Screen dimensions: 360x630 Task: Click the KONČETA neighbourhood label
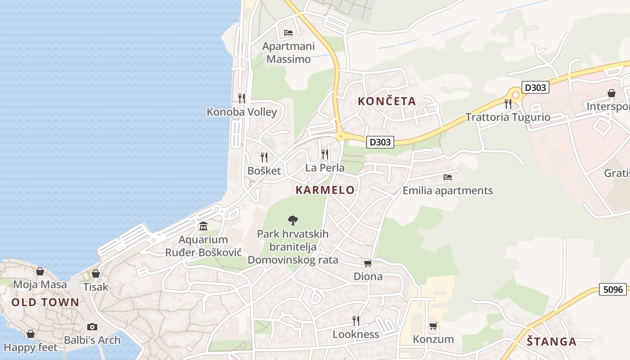[387, 101]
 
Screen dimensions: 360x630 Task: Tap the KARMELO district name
[325, 190]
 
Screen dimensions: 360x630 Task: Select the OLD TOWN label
[45, 302]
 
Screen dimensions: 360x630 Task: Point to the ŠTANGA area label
[551, 342]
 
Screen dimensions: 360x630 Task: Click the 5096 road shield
[613, 289]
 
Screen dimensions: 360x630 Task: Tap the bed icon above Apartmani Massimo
[288, 32]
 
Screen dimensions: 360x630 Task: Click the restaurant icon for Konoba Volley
[242, 98]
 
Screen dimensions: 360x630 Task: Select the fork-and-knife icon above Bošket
[264, 157]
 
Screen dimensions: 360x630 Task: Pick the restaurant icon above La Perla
[325, 154]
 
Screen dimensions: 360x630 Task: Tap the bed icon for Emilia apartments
[447, 177]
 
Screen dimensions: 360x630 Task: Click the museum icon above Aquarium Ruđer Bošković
[203, 225]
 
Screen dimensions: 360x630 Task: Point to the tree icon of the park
[292, 220]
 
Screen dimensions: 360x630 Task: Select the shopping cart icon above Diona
[368, 263]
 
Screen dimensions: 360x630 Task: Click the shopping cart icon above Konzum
[433, 326]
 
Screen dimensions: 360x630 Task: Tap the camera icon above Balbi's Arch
[92, 327]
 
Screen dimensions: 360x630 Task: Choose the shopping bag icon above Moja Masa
[40, 271]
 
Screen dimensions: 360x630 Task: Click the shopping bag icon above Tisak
[95, 274]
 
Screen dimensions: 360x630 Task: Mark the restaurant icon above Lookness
[355, 320]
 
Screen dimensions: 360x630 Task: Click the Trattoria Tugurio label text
[508, 117]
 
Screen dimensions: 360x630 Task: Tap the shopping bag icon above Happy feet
[30, 334]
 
